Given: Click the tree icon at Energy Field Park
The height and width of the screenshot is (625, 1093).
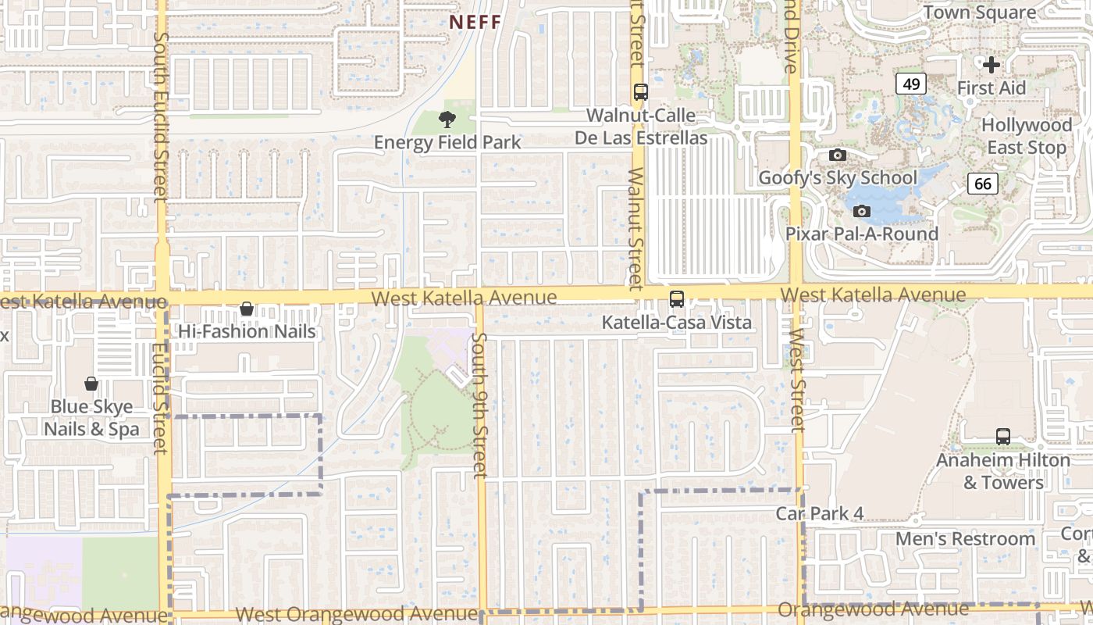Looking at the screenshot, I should click(447, 120).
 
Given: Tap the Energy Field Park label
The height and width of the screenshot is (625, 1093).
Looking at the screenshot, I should click(447, 142).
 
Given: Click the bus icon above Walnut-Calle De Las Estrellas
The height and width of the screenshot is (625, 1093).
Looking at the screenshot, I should click(641, 91).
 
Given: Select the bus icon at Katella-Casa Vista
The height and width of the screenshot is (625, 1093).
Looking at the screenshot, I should click(677, 298).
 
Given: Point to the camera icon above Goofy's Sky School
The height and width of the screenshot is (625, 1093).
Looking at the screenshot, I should click(838, 155).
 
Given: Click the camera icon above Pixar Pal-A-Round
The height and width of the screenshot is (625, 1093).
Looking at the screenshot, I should click(862, 211).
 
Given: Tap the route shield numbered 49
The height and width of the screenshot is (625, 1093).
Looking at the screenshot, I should click(912, 84).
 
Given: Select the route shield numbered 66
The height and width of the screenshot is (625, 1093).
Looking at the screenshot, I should click(983, 184).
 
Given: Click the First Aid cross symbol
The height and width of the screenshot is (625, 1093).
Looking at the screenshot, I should click(992, 64).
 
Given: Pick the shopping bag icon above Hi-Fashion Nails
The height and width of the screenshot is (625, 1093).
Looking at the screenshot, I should click(247, 309).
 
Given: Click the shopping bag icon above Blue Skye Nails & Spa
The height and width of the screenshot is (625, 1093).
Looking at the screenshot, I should click(91, 384).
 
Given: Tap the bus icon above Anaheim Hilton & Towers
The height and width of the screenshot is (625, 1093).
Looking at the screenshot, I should click(1003, 437).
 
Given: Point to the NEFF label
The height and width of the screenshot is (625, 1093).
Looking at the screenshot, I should click(475, 22).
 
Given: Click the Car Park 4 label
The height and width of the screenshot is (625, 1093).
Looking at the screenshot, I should click(819, 513).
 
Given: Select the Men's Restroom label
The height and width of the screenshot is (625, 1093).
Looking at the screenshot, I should click(965, 539).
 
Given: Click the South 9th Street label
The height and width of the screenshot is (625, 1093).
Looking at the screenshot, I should click(479, 405).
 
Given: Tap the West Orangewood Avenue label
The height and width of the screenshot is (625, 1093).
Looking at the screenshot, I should click(356, 614).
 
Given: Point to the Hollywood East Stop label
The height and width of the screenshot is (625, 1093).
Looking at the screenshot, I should click(1027, 136).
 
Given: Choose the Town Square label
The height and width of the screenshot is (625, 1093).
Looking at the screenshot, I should click(980, 12).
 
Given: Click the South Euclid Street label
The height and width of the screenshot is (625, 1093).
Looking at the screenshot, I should click(161, 117).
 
